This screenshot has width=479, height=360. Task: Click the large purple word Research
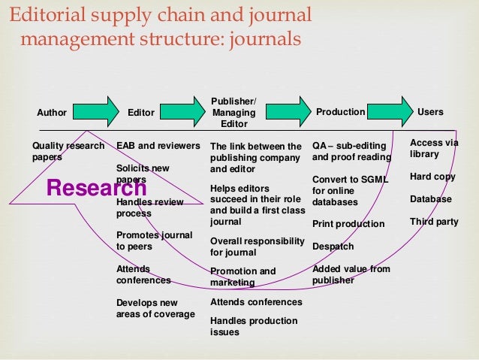tap(96, 187)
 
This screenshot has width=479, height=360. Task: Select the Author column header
tap(52, 113)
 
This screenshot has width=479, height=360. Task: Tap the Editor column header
tap(141, 113)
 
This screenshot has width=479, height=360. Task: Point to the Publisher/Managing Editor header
tap(233, 113)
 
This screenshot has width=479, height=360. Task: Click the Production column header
tap(340, 112)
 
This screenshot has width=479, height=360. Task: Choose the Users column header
tap(430, 112)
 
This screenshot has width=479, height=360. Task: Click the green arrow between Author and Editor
tap(102, 111)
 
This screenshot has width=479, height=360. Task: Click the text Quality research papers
tap(68, 151)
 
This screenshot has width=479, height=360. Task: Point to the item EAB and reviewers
tap(158, 145)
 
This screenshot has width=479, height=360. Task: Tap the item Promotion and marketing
tap(243, 277)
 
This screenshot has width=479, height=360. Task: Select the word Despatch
tap(333, 247)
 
